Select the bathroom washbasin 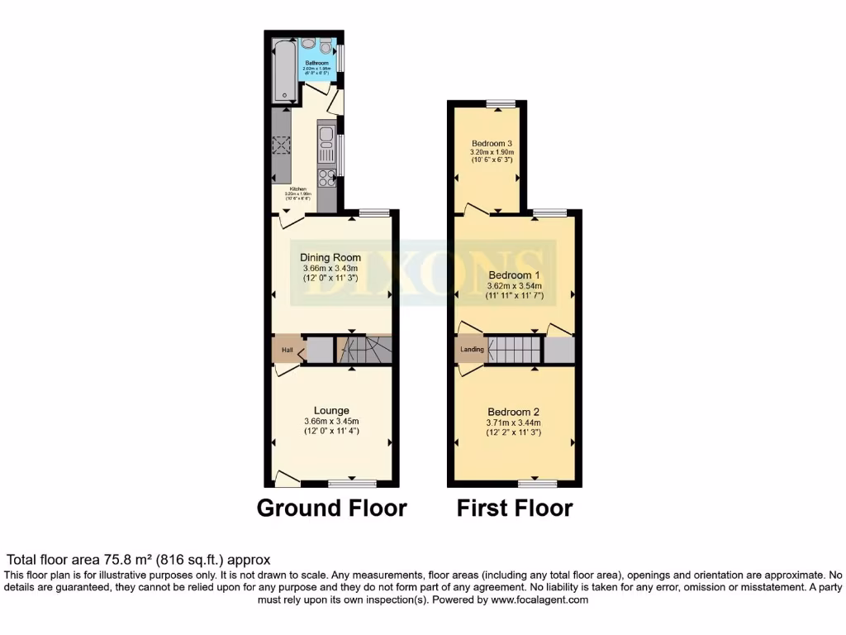[307, 43]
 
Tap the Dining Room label [330, 257]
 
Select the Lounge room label [330, 410]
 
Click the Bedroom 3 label [492, 142]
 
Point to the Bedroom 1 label [514, 275]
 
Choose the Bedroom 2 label [513, 412]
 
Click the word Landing [472, 350]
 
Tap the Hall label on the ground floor [288, 351]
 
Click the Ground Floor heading [332, 508]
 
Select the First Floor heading [515, 508]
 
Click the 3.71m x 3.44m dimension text [513, 423]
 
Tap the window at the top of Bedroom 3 [499, 103]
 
